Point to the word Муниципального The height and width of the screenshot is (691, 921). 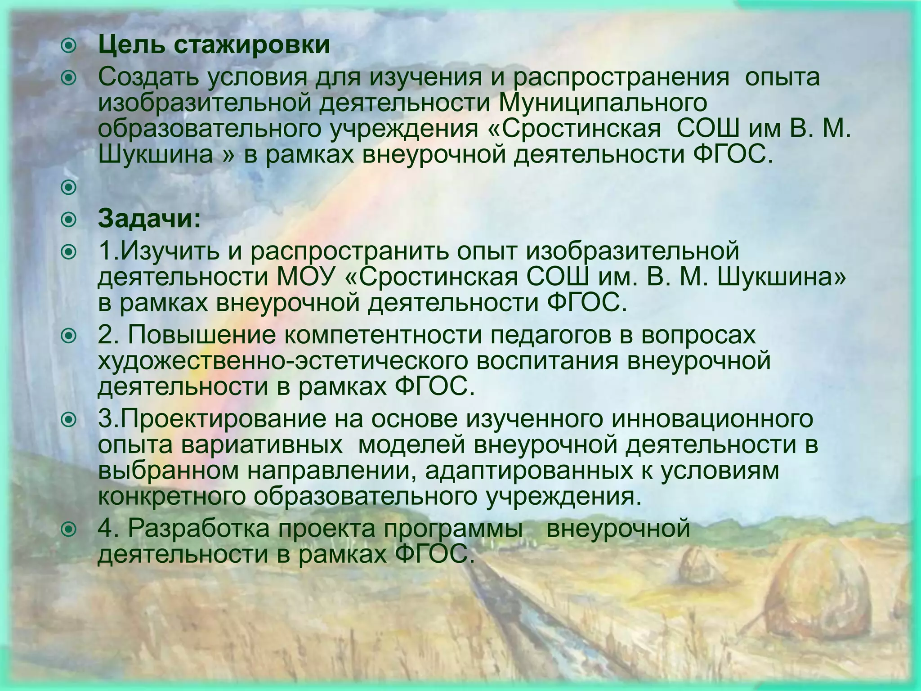(x=603, y=103)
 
